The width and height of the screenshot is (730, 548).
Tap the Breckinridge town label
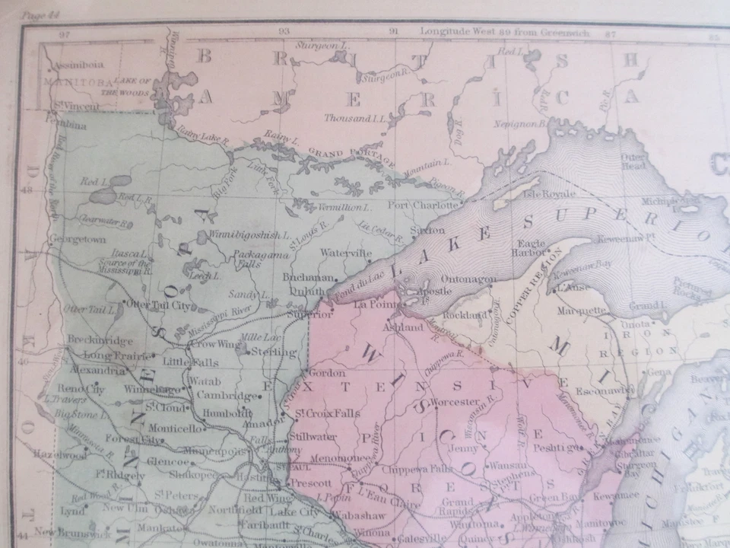tap(100, 339)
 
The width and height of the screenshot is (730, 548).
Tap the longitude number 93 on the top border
tap(284, 32)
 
